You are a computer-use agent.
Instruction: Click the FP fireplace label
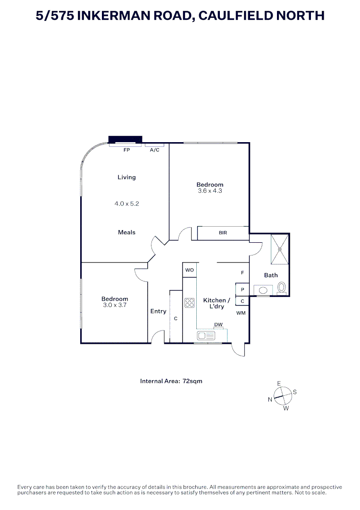pyautogui.click(x=126, y=150)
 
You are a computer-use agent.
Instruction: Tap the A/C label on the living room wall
pyautogui.click(x=154, y=150)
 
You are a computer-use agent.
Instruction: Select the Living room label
pyautogui.click(x=126, y=177)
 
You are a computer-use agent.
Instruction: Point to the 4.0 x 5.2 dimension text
pyautogui.click(x=126, y=204)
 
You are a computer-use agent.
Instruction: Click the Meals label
pyautogui.click(x=126, y=232)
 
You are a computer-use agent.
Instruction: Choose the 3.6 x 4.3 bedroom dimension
pyautogui.click(x=210, y=191)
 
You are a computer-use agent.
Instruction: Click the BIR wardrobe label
pyautogui.click(x=223, y=233)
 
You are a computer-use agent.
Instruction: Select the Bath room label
pyautogui.click(x=271, y=275)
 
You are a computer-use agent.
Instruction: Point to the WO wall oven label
pyautogui.click(x=189, y=271)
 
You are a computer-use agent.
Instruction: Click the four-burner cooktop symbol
pyautogui.click(x=190, y=302)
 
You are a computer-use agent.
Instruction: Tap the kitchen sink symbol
pyautogui.click(x=206, y=335)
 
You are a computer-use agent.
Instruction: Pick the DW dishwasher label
pyautogui.click(x=218, y=324)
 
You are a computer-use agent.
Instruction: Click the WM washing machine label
pyautogui.click(x=241, y=313)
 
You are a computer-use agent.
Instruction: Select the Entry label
pyautogui.click(x=158, y=311)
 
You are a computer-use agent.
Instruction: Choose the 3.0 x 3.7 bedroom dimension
pyautogui.click(x=115, y=305)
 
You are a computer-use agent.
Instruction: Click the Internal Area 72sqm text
pyautogui.click(x=171, y=381)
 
